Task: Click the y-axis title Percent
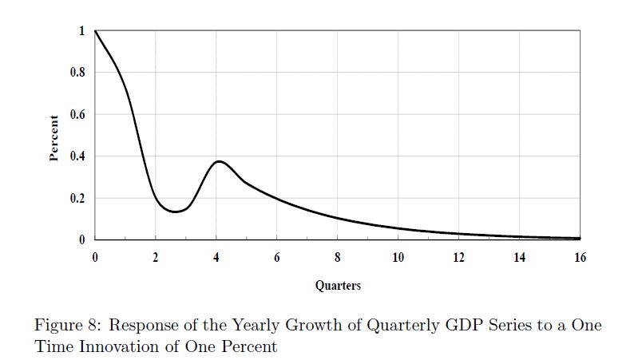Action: tap(54, 138)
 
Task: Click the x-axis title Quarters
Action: tap(338, 285)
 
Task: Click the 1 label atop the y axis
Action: tap(81, 31)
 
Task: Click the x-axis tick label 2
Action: tap(156, 257)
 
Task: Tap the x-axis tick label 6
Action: tap(277, 257)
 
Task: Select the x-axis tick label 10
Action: tap(398, 257)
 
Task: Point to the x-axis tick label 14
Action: tap(520, 257)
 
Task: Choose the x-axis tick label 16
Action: tap(580, 257)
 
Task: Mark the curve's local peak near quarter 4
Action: tap(218, 161)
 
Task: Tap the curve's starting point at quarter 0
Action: tap(95, 31)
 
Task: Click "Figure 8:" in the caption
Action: tap(66, 326)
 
